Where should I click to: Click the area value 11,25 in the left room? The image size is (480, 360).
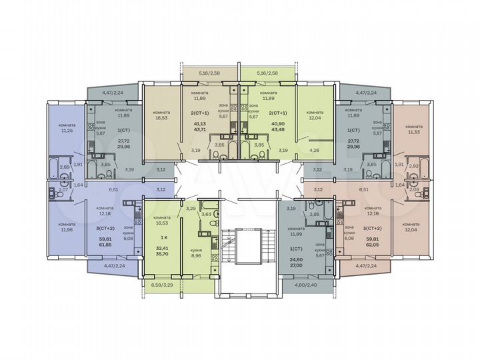[x=67, y=131]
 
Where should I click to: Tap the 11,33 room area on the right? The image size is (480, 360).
[x=413, y=131]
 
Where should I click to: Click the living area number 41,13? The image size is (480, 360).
[x=199, y=124]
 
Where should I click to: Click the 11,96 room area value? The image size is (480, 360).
[x=67, y=230]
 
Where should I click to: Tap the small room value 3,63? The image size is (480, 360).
[x=207, y=214]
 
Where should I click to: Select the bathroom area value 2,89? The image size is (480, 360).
[x=65, y=167]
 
